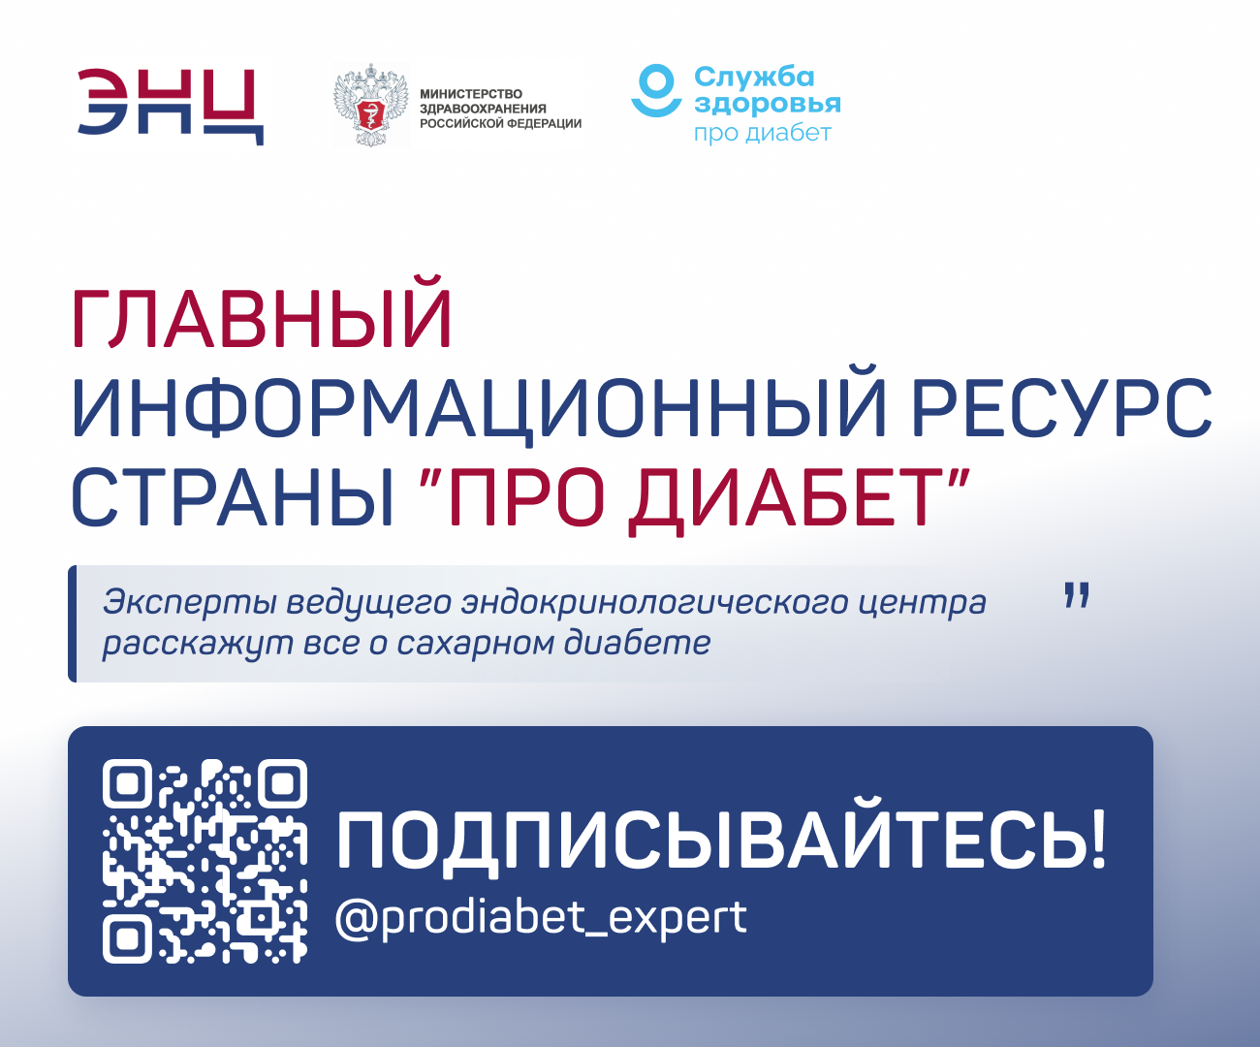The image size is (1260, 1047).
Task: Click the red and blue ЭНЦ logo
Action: (171, 107)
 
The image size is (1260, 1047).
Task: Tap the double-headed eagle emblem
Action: (371, 105)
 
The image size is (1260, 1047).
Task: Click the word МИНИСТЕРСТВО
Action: (471, 93)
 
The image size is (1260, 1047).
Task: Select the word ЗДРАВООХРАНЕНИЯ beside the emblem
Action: (483, 109)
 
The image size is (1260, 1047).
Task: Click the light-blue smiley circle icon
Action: (656, 90)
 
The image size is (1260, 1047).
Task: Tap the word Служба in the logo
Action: (754, 78)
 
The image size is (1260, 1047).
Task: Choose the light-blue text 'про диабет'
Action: (763, 133)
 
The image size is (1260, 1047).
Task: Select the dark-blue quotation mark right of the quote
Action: (1077, 595)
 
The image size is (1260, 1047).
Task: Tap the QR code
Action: (205, 861)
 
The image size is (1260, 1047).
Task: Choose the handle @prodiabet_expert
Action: (541, 917)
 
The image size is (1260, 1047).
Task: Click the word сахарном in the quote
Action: (476, 644)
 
